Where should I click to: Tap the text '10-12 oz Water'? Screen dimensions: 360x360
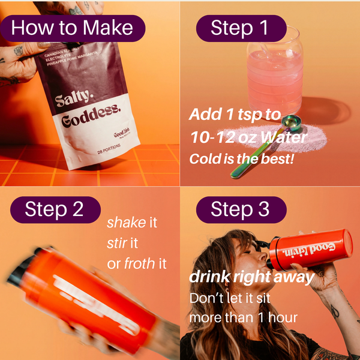248,137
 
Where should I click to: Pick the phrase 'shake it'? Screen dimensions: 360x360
131,223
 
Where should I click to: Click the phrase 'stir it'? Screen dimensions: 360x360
124,243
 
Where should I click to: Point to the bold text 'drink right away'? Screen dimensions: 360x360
251,277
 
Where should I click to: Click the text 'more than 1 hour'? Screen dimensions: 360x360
243,317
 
